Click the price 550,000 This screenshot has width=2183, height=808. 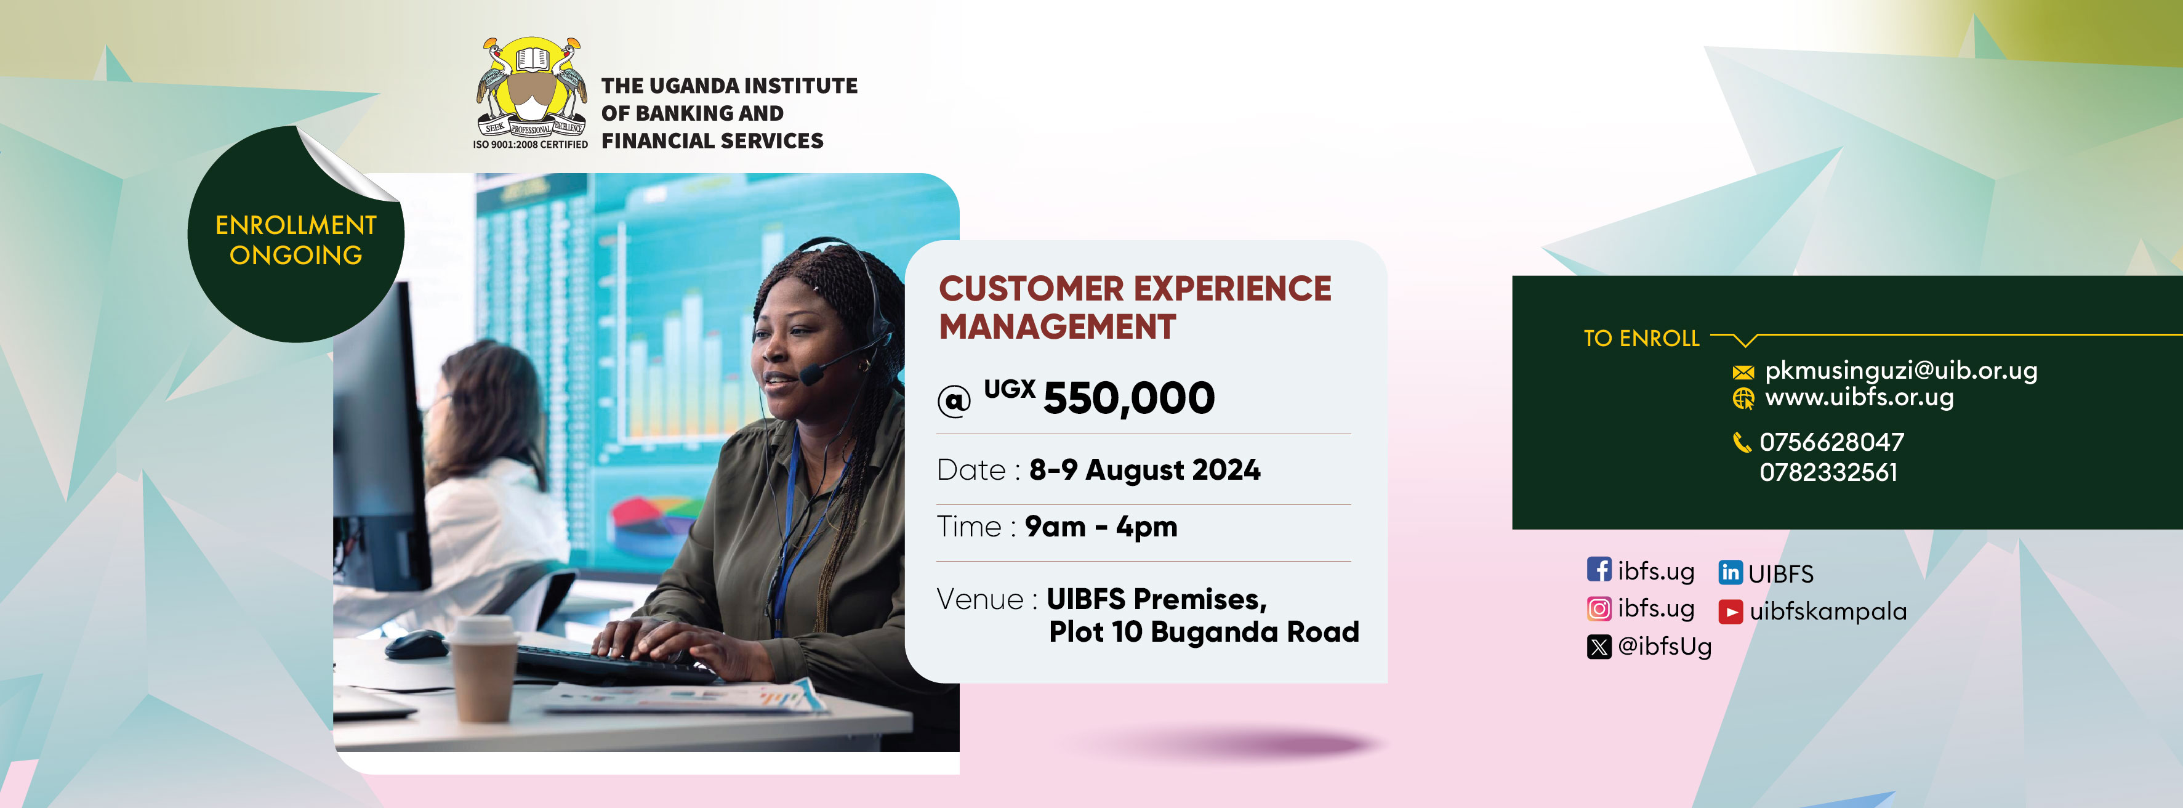[x=1129, y=398]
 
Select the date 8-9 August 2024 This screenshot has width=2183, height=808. [x=1144, y=470]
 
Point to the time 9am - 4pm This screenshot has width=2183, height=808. [x=1101, y=527]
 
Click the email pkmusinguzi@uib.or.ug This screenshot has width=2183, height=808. [x=1901, y=371]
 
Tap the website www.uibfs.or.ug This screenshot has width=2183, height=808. [x=1859, y=397]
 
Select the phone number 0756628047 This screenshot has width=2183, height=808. [x=1831, y=442]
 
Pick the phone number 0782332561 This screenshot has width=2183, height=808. [x=1828, y=472]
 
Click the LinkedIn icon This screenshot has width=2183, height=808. [x=1731, y=572]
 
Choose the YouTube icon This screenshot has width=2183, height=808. [x=1731, y=612]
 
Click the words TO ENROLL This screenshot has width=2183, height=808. [x=1641, y=338]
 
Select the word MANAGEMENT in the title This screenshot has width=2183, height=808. [x=1058, y=327]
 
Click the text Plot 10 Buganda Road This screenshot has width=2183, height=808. [x=1204, y=632]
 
